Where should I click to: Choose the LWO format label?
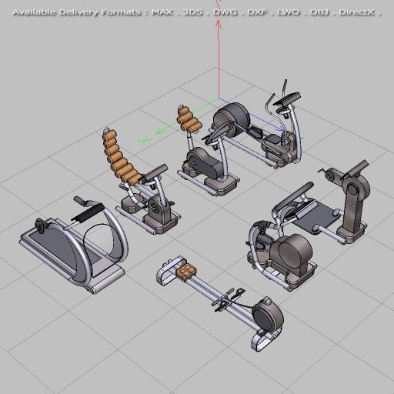288,12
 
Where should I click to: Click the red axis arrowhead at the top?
219,23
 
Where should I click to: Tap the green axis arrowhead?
144,140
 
